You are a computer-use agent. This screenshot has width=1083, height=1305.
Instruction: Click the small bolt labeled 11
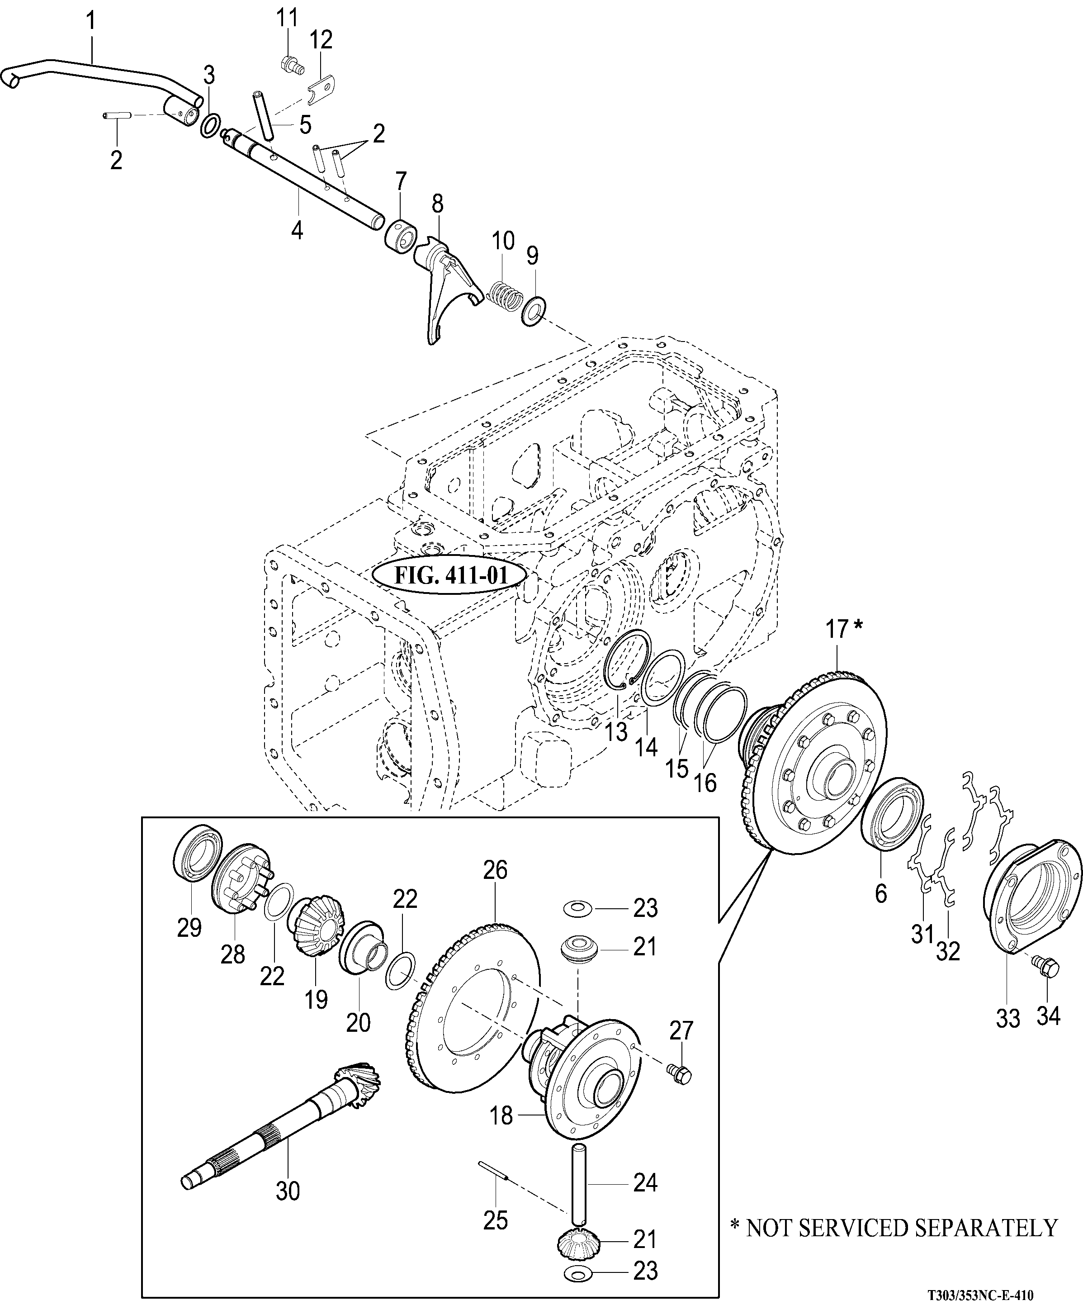290,63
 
